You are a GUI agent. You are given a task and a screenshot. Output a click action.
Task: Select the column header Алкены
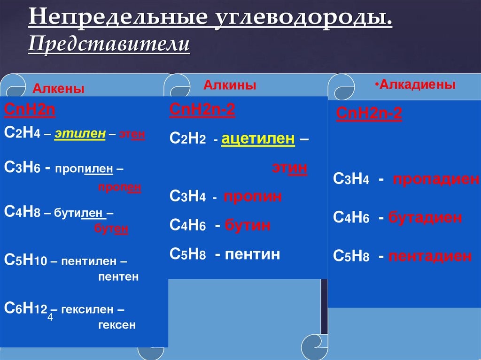pyautogui.click(x=58, y=89)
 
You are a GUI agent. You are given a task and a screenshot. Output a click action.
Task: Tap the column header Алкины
pyautogui.click(x=230, y=85)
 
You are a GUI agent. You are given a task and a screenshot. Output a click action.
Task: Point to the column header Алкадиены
pyautogui.click(x=417, y=84)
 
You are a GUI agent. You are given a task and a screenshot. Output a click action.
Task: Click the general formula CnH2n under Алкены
pyautogui.click(x=30, y=110)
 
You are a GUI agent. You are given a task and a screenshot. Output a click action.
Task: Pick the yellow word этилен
pyautogui.click(x=79, y=134)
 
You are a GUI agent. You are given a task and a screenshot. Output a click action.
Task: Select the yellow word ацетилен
pyautogui.click(x=258, y=139)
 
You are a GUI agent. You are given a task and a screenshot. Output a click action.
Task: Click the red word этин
pyautogui.click(x=290, y=168)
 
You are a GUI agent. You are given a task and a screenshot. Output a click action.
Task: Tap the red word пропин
pyautogui.click(x=253, y=197)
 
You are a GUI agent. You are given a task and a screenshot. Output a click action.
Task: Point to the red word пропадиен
pyautogui.click(x=436, y=179)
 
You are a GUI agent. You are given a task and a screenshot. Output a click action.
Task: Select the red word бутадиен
pyautogui.click(x=426, y=218)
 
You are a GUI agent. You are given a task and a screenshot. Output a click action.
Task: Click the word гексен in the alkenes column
pyautogui.click(x=117, y=324)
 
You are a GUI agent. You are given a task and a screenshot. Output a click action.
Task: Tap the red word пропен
pyautogui.click(x=120, y=187)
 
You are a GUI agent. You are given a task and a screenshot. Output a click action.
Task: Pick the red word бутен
pyautogui.click(x=111, y=229)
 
